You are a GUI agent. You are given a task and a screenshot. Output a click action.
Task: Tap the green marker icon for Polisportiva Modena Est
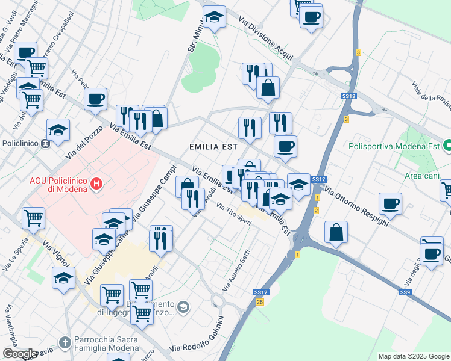[447, 146]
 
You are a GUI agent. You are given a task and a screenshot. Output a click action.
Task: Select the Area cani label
[421, 175]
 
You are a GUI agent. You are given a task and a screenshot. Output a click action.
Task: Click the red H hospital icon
[95, 183]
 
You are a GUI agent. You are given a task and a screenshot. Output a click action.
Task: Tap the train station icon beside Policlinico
[45, 144]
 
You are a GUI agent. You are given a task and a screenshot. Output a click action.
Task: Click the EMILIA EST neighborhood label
[213, 146]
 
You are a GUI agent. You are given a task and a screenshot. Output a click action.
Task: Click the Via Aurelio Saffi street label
[236, 273]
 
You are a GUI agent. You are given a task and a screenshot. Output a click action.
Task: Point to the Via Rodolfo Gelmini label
[197, 342]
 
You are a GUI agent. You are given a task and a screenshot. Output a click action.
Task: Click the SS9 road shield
[405, 292]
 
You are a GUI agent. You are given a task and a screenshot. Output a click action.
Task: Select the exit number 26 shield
[260, 301]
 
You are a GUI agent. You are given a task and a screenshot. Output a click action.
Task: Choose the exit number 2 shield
[316, 210]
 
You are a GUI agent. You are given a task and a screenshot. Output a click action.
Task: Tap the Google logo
[19, 354]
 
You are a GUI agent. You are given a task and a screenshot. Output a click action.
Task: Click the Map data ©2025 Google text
[414, 356]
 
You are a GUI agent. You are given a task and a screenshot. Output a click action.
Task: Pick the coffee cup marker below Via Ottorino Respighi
[391, 203]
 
